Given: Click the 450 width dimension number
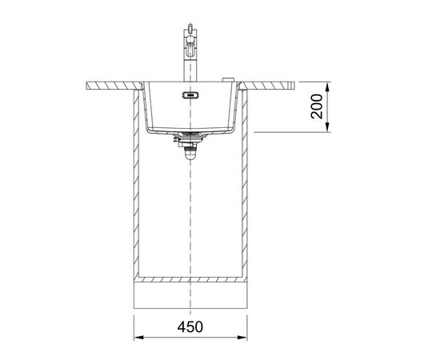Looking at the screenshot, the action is click(190, 327).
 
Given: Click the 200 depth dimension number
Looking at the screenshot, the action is click(317, 106).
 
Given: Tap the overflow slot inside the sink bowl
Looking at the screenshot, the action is click(190, 95).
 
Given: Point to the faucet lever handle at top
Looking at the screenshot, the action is click(190, 27).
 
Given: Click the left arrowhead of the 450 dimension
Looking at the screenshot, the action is click(139, 338).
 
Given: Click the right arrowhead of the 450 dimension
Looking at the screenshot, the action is click(242, 338).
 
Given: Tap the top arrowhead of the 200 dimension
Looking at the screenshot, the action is click(327, 86).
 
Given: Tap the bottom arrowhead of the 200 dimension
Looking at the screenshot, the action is click(327, 127).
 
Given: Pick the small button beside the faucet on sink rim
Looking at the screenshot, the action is click(228, 80).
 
